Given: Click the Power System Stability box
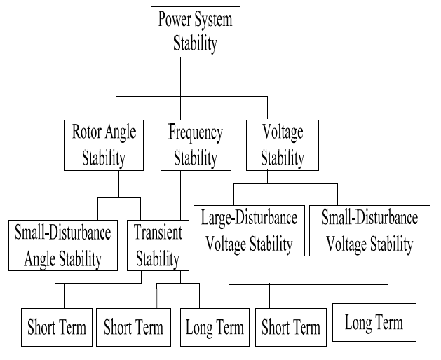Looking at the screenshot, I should click(196, 31).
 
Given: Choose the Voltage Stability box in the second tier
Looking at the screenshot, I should click(282, 145).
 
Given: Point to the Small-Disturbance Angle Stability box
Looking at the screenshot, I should click(62, 246).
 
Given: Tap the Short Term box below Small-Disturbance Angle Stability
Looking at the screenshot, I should click(56, 326).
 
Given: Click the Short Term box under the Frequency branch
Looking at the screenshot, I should click(133, 326).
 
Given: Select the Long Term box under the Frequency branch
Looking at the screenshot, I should click(215, 326).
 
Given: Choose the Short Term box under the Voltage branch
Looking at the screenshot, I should click(290, 326).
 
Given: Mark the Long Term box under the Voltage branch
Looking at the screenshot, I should click(374, 322).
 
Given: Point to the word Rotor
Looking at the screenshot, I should click(86, 132).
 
